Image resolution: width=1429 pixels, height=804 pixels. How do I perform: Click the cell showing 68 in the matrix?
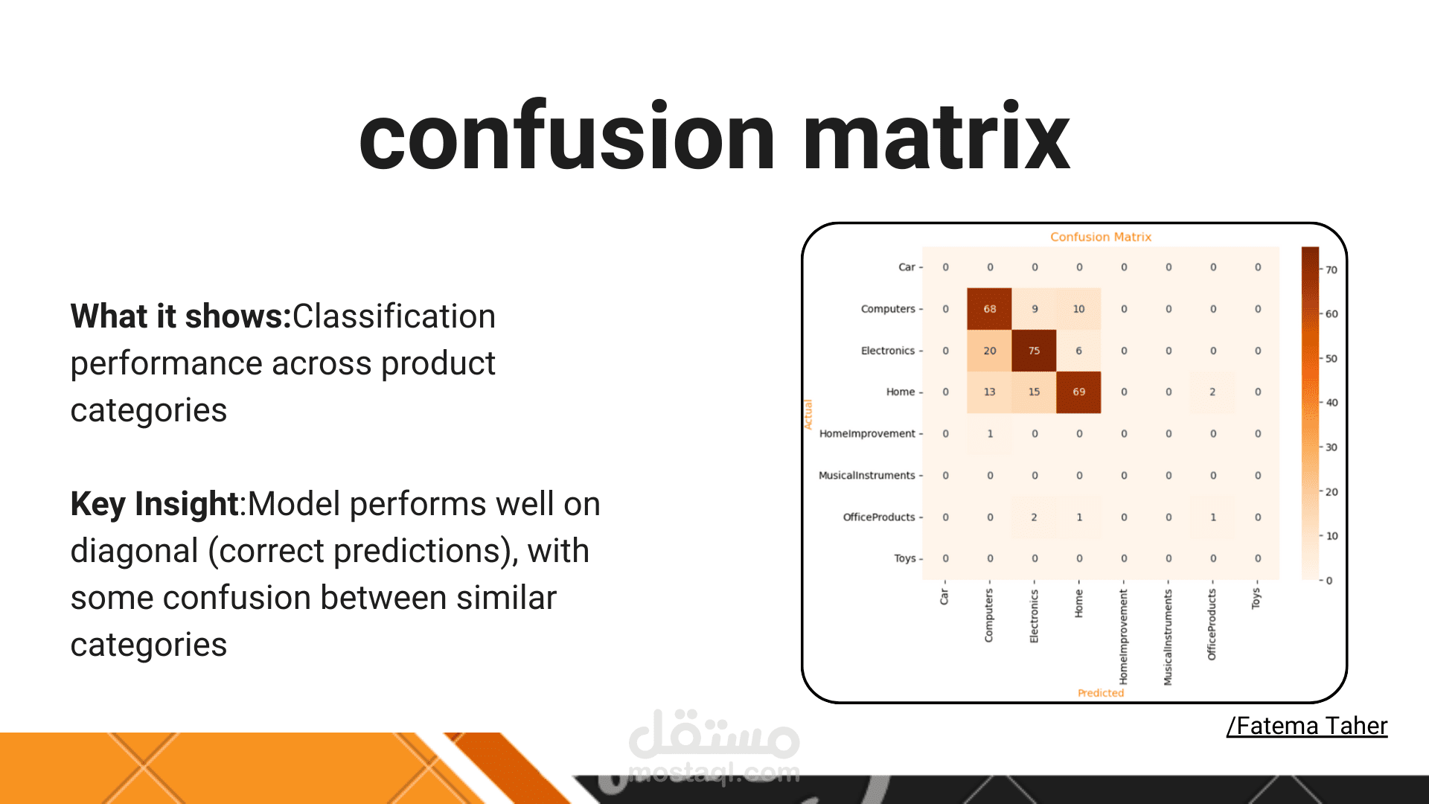[x=989, y=309]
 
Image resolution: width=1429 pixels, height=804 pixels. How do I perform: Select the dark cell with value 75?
[x=1034, y=351]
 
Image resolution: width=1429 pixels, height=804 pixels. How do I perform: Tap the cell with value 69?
[x=1078, y=392]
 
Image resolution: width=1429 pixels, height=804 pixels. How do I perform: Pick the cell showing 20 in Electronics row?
[x=989, y=351]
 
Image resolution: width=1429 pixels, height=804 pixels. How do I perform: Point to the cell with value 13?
[x=989, y=392]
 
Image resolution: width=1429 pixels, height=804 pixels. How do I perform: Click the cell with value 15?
[x=1034, y=392]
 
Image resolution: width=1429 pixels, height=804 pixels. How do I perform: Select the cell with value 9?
[x=1034, y=309]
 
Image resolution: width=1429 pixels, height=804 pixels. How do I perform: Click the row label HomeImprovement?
[x=867, y=433]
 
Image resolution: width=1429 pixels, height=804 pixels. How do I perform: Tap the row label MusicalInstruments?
[x=867, y=475]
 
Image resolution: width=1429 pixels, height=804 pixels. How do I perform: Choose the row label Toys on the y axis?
[x=905, y=558]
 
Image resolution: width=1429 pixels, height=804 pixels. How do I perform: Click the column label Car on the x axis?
[x=944, y=596]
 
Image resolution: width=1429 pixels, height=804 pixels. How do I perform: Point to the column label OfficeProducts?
[x=1212, y=625]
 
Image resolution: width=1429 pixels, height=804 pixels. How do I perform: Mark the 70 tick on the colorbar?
[x=1332, y=269]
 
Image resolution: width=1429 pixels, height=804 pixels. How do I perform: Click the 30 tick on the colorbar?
[x=1332, y=447]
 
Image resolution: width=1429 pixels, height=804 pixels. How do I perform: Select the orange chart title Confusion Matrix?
[x=1101, y=237]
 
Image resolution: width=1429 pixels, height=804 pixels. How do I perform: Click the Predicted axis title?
[x=1101, y=693]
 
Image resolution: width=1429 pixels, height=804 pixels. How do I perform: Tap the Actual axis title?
[x=808, y=414]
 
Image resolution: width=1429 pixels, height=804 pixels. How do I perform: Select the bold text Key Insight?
[x=154, y=505]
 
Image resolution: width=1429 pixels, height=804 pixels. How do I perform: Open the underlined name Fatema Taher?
[x=1308, y=726]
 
